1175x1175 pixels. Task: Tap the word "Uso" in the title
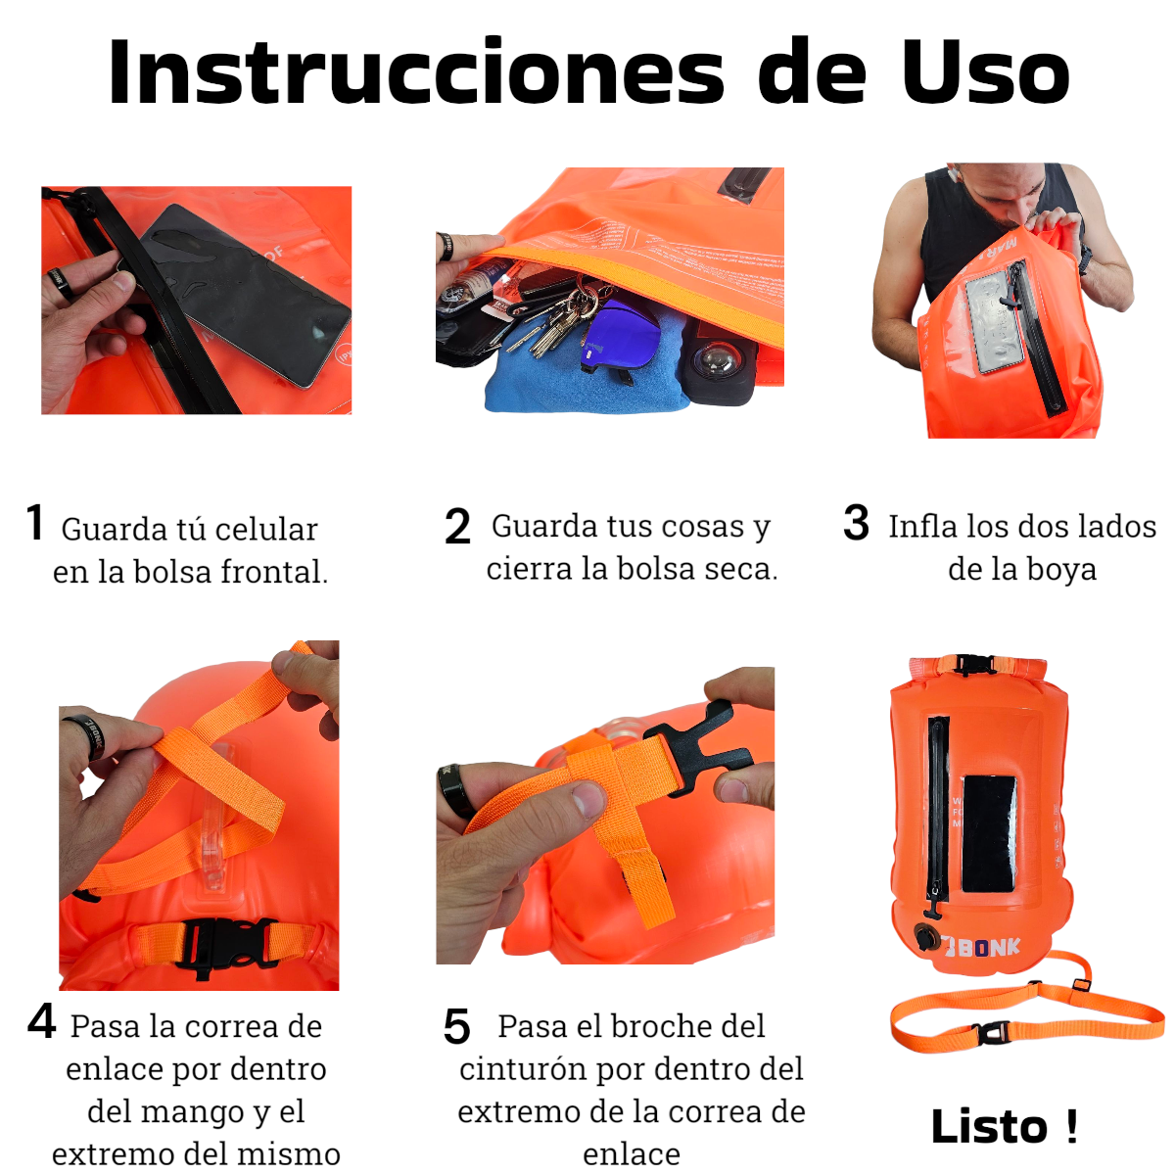[x=985, y=71]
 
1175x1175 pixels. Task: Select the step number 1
[x=35, y=522]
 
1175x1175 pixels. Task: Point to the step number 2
[x=457, y=526]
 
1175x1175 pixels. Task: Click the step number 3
[x=856, y=522]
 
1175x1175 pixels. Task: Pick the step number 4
[x=42, y=1022]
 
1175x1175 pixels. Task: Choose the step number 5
[x=457, y=1027]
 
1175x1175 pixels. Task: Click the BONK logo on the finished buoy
[x=980, y=946]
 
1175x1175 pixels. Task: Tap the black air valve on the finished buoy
[x=926, y=937]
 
